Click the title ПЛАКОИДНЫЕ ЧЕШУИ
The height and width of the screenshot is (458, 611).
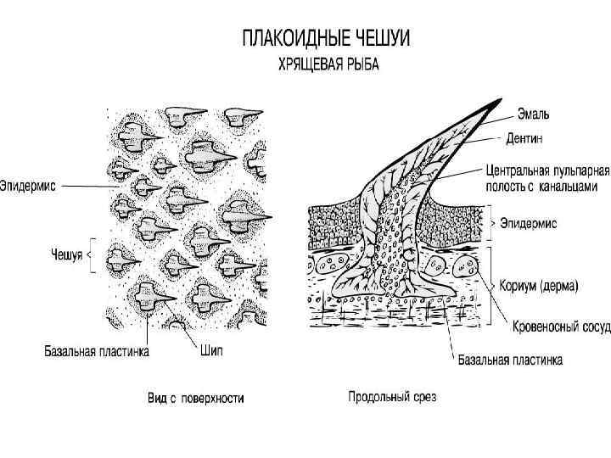pyautogui.click(x=327, y=39)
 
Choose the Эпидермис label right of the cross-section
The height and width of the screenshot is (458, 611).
pyautogui.click(x=527, y=224)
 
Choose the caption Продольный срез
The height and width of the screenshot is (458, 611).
pyautogui.click(x=392, y=396)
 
